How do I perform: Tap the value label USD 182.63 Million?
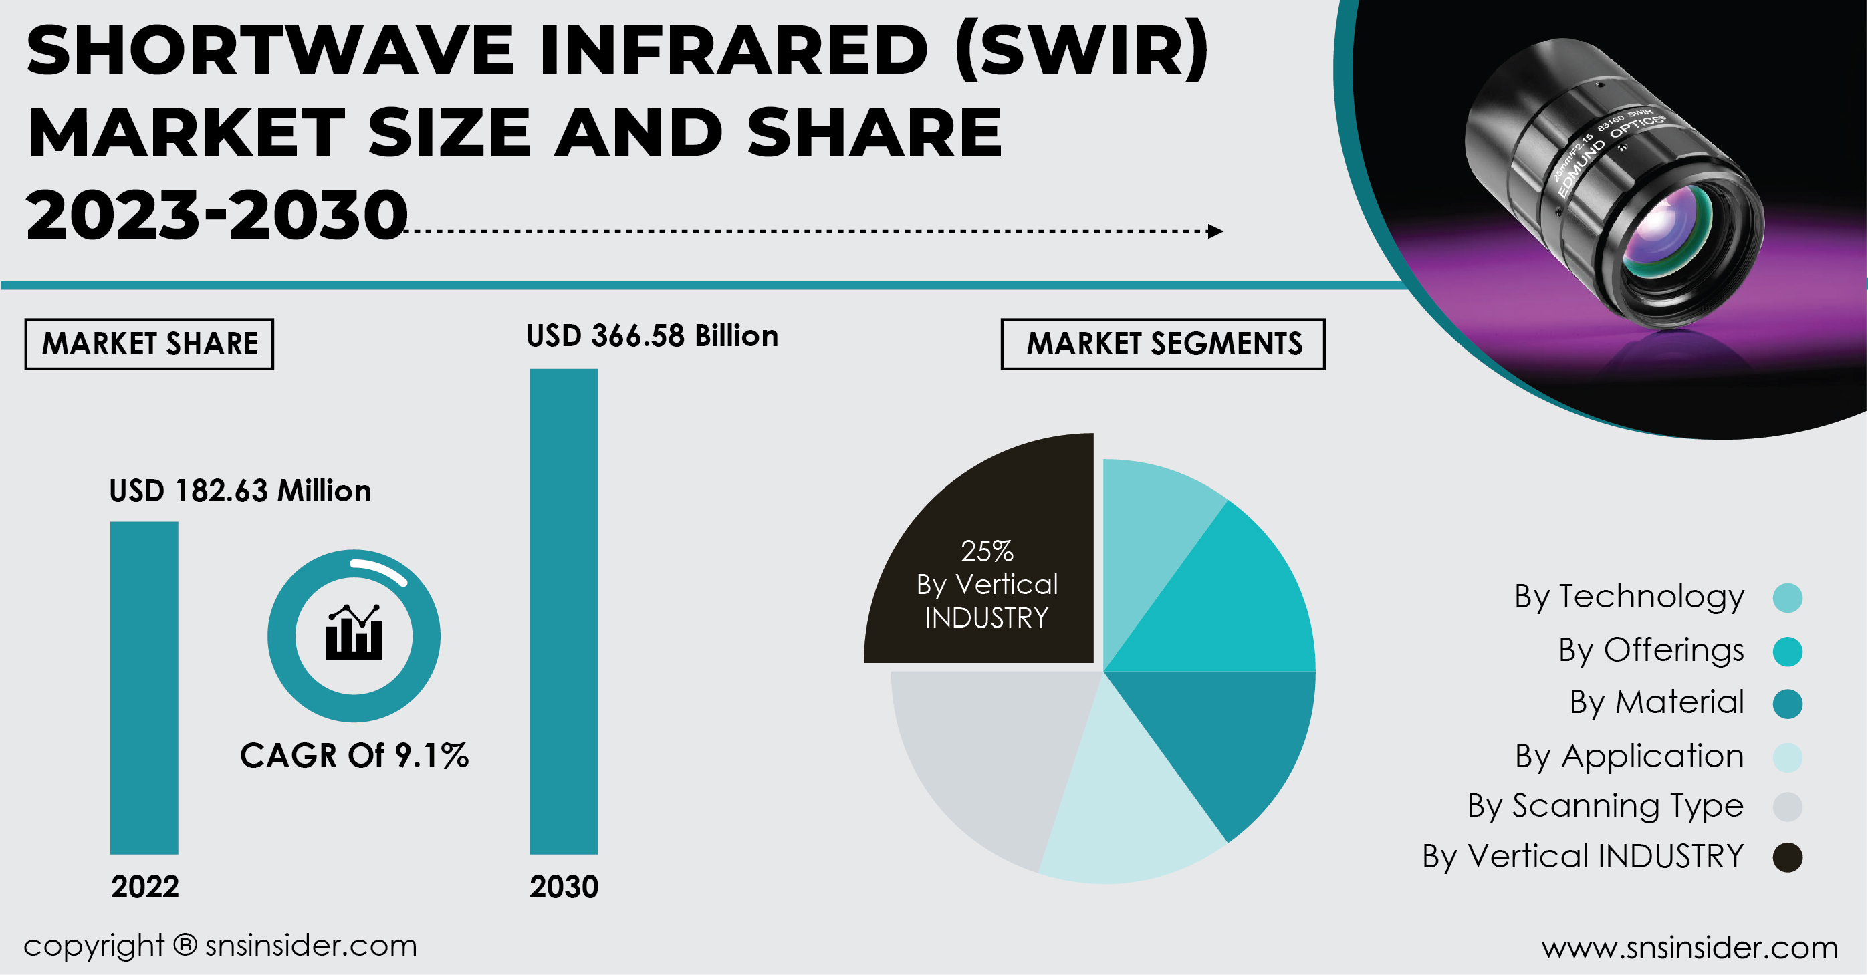pos(240,491)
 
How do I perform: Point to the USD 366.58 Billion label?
pos(652,336)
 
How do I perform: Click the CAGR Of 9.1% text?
pos(354,755)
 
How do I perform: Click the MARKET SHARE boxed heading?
pos(149,343)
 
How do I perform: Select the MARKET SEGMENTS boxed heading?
pos(1163,343)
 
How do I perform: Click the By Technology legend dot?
pos(1788,597)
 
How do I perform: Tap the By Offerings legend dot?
pos(1788,651)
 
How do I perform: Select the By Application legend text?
pos(1629,756)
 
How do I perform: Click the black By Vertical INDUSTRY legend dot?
pos(1788,857)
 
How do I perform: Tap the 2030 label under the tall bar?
pos(564,887)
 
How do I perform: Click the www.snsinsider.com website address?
pos(1689,948)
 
